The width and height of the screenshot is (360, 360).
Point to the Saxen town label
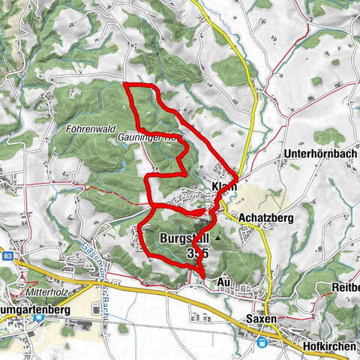click(x=261, y=319)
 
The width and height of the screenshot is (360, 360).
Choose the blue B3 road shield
click(x=7, y=256)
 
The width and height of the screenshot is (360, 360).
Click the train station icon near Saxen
click(x=262, y=342)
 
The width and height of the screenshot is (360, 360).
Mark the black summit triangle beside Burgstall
click(x=218, y=238)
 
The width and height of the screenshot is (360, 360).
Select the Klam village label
click(x=223, y=187)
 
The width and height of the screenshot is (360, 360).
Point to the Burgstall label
click(x=183, y=239)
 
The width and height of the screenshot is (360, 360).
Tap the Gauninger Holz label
click(x=150, y=139)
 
